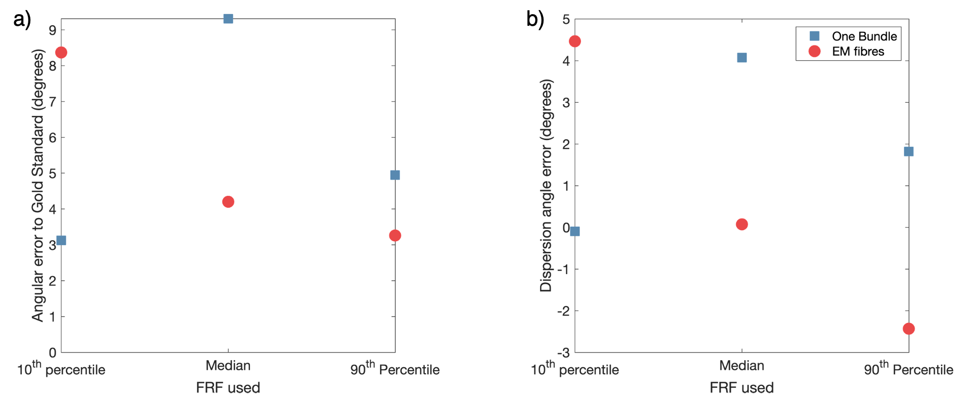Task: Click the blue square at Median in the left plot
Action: coord(228,19)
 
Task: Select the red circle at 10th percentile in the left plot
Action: coord(61,52)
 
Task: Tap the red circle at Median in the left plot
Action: coord(228,202)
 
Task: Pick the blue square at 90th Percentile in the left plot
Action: coord(395,175)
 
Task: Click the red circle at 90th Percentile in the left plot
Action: coord(395,235)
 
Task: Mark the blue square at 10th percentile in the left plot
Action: coord(61,240)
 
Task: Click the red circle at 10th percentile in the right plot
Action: coord(574,41)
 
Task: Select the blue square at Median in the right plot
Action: coord(741,58)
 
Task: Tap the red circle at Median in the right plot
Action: coord(741,224)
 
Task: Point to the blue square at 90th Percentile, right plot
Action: coord(908,151)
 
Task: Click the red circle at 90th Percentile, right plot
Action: coord(908,328)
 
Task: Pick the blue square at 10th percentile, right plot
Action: coord(574,231)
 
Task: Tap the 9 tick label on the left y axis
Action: coord(52,30)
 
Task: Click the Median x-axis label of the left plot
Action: coord(228,366)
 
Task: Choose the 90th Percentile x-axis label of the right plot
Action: coord(908,370)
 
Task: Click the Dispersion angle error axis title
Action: coord(547,186)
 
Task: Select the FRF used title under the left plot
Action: coord(228,388)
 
